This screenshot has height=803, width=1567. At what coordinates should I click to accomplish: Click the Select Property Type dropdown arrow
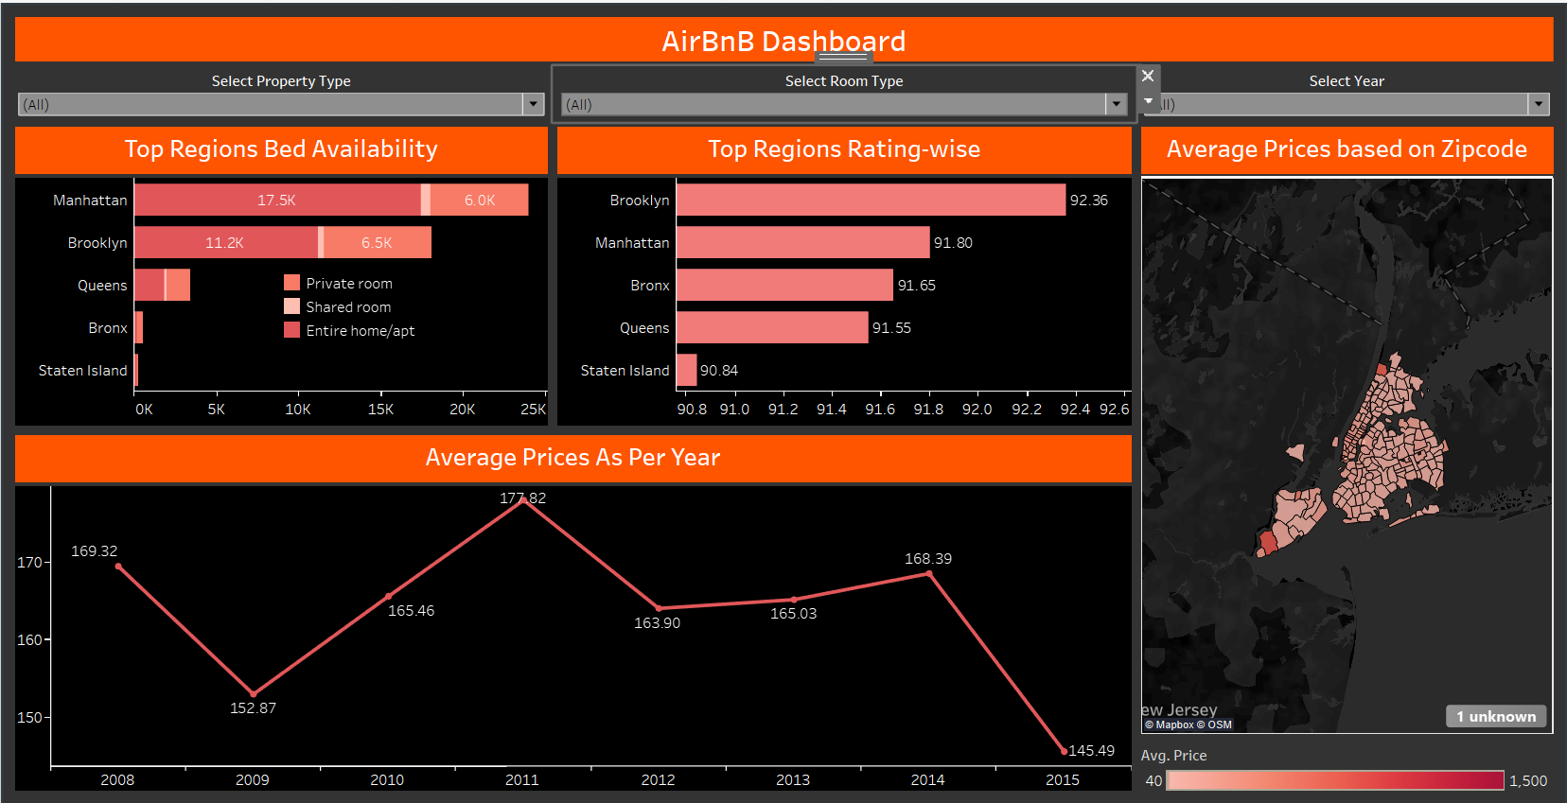pos(534,104)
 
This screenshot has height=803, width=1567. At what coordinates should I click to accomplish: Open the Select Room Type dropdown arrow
pos(1117,104)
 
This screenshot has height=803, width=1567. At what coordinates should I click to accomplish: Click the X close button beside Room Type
pos(1148,76)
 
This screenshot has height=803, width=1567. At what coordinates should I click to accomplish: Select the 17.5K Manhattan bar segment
pos(277,201)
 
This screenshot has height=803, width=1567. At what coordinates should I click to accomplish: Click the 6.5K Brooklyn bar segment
pos(378,243)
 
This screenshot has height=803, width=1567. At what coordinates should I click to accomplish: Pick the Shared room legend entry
pos(347,307)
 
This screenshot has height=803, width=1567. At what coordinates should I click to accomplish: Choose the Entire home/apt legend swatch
pos(292,330)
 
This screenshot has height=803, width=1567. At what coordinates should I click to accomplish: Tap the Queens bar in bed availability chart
pos(161,286)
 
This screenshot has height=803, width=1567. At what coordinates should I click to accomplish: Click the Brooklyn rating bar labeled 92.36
pos(871,201)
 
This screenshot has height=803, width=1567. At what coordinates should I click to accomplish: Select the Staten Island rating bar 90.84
pos(687,371)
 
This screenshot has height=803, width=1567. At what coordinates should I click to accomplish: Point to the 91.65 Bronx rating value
pos(916,286)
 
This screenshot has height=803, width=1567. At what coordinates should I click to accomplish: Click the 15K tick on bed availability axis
pos(380,410)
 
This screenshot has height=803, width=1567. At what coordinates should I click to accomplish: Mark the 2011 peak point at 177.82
pos(523,500)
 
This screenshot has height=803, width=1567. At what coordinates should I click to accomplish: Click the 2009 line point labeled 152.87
pos(253,693)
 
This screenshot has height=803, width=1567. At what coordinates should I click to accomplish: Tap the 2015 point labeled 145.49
pos(1064,751)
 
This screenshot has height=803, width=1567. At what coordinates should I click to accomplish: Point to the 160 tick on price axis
pos(30,640)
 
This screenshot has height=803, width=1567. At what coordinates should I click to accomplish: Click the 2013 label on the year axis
pos(793,780)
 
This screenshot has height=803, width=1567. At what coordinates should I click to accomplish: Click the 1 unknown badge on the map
pos(1496,717)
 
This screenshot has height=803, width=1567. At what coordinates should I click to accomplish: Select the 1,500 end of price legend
pos(1527,781)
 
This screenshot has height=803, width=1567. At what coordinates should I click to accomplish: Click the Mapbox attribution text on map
pos(1174,725)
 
